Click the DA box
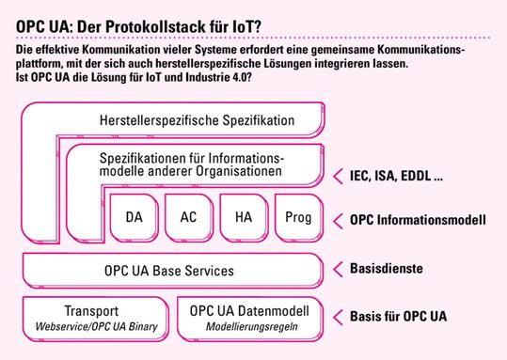(x=134, y=218)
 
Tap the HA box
(x=243, y=218)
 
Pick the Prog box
(x=296, y=218)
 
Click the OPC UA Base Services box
(x=169, y=271)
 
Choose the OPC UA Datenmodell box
(x=250, y=318)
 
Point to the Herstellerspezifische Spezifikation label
(x=197, y=120)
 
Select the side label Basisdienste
(x=386, y=270)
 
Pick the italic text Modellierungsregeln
(x=250, y=328)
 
